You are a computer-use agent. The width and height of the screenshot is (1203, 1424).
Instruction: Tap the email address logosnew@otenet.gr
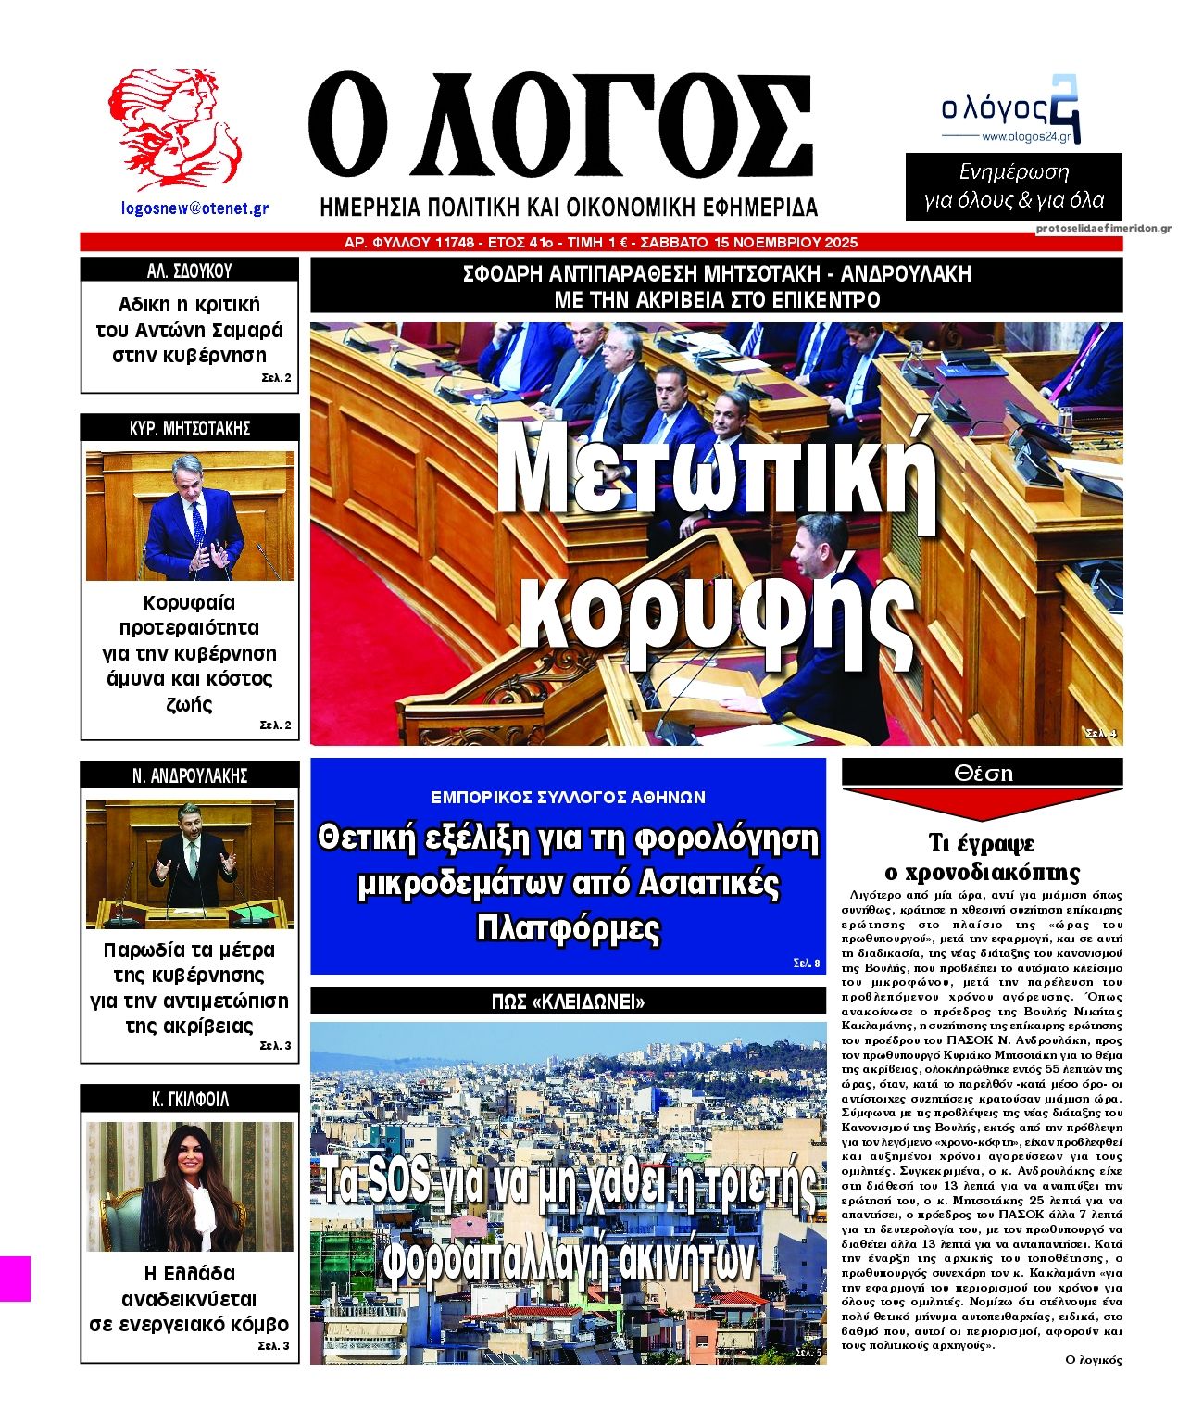coord(194,208)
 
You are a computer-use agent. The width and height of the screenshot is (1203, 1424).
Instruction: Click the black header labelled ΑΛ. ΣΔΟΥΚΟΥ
coord(190,271)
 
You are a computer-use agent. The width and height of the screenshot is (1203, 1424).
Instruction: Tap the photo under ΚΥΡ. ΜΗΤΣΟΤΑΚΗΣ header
coord(190,516)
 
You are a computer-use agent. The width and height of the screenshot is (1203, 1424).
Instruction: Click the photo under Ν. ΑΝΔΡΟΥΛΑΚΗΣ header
coord(190,863)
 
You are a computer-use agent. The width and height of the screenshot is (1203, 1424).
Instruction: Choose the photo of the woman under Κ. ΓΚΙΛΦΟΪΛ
coord(190,1187)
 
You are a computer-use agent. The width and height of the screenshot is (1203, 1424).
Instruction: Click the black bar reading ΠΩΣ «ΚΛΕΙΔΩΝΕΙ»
coord(568,1002)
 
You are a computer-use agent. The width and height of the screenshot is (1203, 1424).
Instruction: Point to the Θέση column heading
coord(983,773)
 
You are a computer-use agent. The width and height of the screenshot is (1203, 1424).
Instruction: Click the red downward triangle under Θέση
coord(983,802)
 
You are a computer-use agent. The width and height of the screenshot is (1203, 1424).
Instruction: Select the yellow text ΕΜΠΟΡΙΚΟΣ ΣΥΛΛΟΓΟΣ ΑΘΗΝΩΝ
coord(568,797)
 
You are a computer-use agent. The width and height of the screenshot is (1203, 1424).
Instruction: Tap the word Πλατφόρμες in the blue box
coord(568,927)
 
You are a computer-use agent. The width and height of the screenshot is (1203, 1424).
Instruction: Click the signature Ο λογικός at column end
coord(1094,1360)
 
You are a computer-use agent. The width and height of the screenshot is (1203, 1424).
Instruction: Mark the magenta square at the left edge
coord(15,1279)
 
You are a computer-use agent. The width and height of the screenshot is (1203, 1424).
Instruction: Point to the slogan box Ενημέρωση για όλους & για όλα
coord(1014,186)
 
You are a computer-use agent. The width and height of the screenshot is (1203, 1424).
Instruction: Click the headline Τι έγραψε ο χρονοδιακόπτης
coord(983,857)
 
